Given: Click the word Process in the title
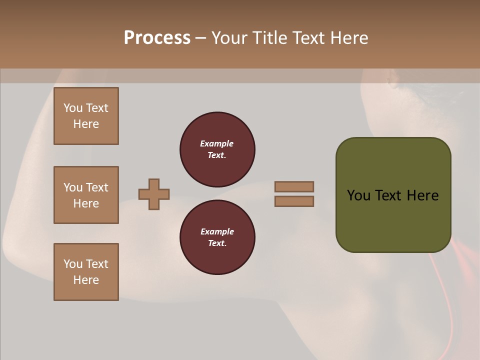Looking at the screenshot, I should pyautogui.click(x=157, y=38).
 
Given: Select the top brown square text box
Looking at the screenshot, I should pyautogui.click(x=86, y=116).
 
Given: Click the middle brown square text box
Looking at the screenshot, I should pyautogui.click(x=86, y=195).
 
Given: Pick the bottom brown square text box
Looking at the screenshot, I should pyautogui.click(x=86, y=272).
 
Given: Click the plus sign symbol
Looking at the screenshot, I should pyautogui.click(x=154, y=194).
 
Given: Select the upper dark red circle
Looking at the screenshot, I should pyautogui.click(x=217, y=149).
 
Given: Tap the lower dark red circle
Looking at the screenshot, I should pyautogui.click(x=217, y=237).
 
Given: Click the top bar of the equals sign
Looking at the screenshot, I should pyautogui.click(x=294, y=186).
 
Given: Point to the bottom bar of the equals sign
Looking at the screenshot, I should pyautogui.click(x=294, y=201).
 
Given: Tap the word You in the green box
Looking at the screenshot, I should pyautogui.click(x=358, y=195).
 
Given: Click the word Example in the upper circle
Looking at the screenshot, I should pyautogui.click(x=217, y=143).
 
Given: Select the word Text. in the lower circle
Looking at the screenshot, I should pyautogui.click(x=217, y=243).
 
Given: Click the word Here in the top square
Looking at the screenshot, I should pyautogui.click(x=86, y=124).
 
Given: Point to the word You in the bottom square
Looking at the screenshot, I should pyautogui.click(x=73, y=264).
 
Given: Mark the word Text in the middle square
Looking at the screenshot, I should pyautogui.click(x=96, y=187).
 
